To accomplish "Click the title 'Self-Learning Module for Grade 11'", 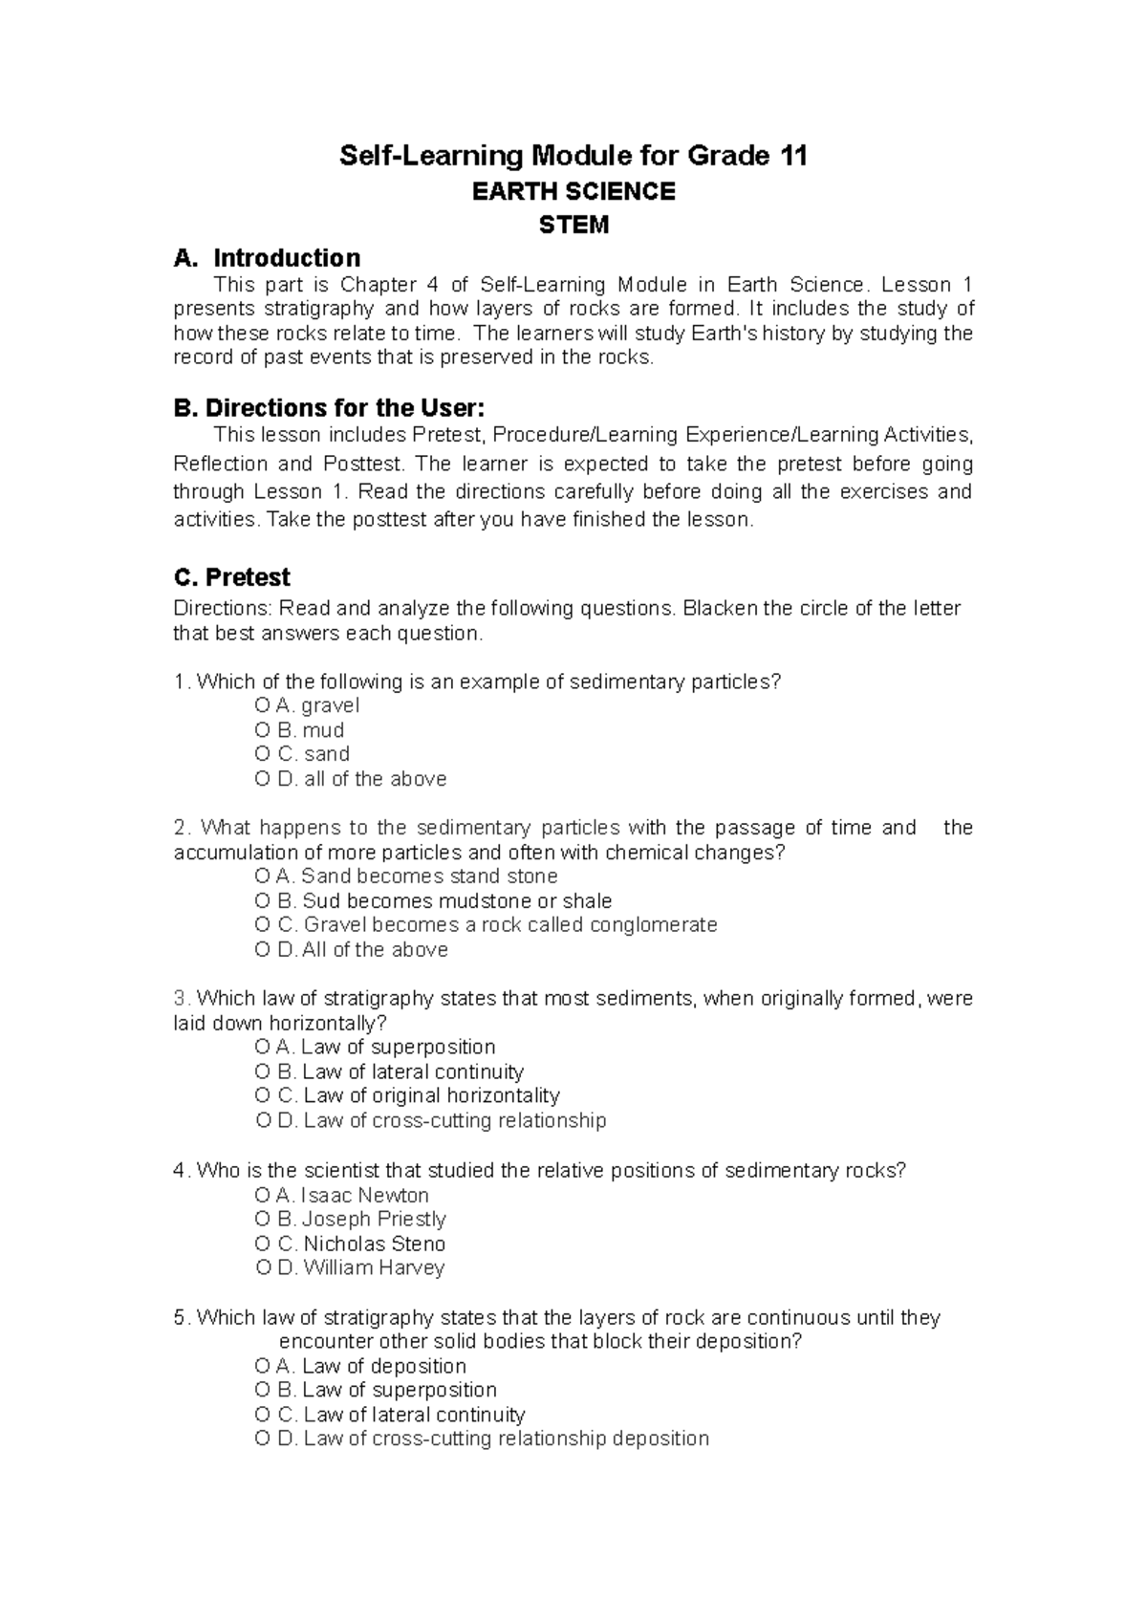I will (x=573, y=155).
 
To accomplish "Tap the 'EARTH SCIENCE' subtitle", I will (x=573, y=191).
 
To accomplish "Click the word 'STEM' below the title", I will (x=573, y=226).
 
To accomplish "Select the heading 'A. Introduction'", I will (x=267, y=258).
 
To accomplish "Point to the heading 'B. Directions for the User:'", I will (x=329, y=408).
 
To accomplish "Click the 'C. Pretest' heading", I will (x=231, y=577).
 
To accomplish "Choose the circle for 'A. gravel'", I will (x=263, y=706).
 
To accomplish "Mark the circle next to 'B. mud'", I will (x=263, y=730).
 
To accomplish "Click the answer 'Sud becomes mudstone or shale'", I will (x=457, y=900).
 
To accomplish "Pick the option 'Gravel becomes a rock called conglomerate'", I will (x=509, y=925).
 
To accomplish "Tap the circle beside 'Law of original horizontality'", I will (x=263, y=1095).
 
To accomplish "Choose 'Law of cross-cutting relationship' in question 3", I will (x=454, y=1120).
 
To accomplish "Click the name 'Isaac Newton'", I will (x=364, y=1195).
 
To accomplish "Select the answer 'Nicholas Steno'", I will (x=374, y=1244).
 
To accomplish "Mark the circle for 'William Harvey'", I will (x=264, y=1268).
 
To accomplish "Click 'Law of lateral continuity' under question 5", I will (x=414, y=1415).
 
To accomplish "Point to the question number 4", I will (x=179, y=1171).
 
